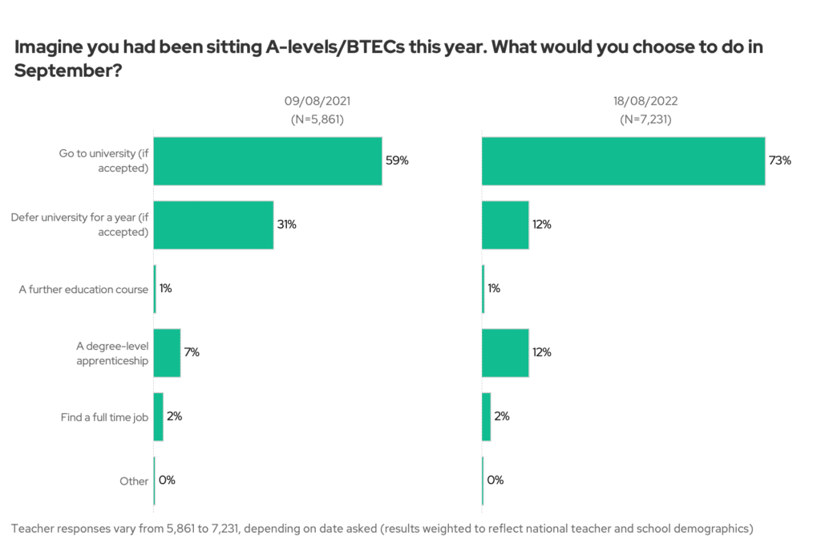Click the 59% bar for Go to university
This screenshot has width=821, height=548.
coord(267,160)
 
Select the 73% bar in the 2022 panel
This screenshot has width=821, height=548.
coord(623,160)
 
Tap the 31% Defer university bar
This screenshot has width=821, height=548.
coord(213,225)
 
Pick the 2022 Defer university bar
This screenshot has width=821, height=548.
coord(505,225)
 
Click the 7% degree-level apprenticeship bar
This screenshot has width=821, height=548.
coord(167,352)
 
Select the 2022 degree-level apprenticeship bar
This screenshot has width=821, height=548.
coord(505,352)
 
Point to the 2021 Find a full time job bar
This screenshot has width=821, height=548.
coord(158,416)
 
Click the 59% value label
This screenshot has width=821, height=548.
coord(397,160)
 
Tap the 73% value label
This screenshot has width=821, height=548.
coord(780,160)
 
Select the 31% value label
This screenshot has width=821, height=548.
coord(287,225)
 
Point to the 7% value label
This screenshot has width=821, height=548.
coord(192,352)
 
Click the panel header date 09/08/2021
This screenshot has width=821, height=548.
coord(317,102)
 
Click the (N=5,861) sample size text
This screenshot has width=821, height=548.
coord(317,120)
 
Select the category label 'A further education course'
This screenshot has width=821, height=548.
coord(83,289)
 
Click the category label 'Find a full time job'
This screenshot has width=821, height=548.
coord(104,417)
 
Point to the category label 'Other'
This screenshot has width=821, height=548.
coord(134,481)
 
